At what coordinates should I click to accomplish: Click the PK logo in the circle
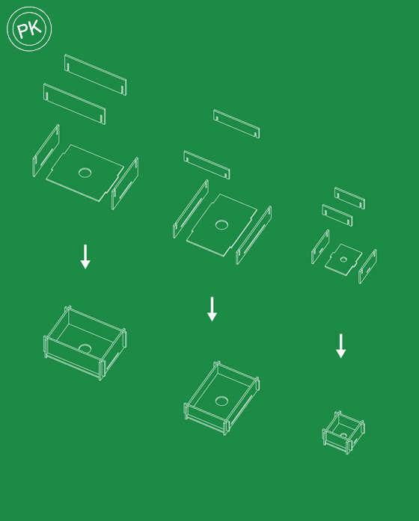tap(29, 29)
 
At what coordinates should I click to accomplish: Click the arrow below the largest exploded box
tap(85, 256)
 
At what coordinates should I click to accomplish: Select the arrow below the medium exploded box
tap(212, 309)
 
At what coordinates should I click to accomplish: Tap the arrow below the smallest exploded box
tap(341, 346)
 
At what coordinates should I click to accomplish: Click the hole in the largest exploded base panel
tap(85, 173)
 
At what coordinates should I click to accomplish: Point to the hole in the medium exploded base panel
tap(221, 224)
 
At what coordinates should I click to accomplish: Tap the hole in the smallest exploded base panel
tap(343, 259)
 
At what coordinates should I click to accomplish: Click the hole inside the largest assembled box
tap(85, 348)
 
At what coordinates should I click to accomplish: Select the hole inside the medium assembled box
tap(221, 401)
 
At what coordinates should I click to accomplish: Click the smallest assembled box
tap(343, 433)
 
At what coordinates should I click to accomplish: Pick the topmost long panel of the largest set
tap(96, 75)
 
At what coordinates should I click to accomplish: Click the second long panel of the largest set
tap(75, 104)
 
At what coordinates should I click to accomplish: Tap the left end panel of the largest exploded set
tap(46, 150)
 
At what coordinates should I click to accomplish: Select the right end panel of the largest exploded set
tap(125, 183)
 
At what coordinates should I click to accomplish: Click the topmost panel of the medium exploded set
tap(236, 124)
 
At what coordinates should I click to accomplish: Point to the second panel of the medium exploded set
tap(207, 164)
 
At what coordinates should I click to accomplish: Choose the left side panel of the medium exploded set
tap(191, 209)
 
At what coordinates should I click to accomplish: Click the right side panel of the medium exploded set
tap(254, 235)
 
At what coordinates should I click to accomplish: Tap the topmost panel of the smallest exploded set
tap(350, 198)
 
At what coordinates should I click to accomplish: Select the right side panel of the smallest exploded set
tap(368, 267)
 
